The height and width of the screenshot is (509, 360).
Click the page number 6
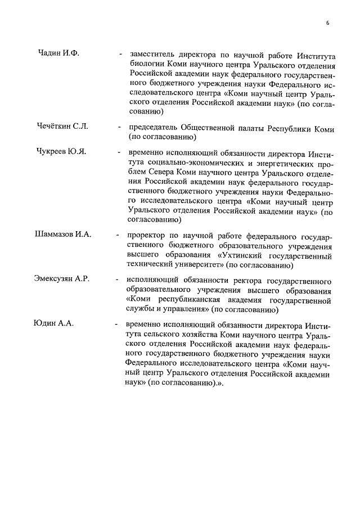[327, 23]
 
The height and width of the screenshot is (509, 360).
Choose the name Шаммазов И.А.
[62, 233]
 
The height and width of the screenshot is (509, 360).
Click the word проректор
[147, 237]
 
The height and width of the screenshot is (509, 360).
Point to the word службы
[142, 309]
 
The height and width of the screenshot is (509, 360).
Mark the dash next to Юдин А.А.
[116, 325]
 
